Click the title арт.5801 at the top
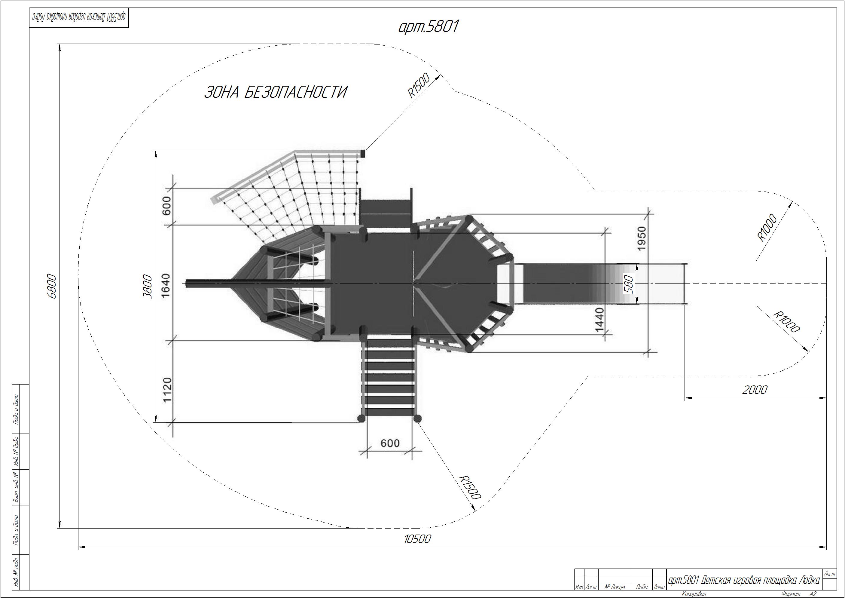point(429,27)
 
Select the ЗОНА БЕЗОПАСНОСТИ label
point(276,92)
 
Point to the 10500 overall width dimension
point(417,539)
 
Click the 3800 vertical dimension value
point(148,286)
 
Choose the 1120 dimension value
point(167,390)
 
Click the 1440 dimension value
point(599,320)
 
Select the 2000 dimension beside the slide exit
point(755,390)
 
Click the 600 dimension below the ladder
point(390,443)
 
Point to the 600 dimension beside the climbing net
point(167,206)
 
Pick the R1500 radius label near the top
point(419,85)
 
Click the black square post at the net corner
point(362,153)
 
